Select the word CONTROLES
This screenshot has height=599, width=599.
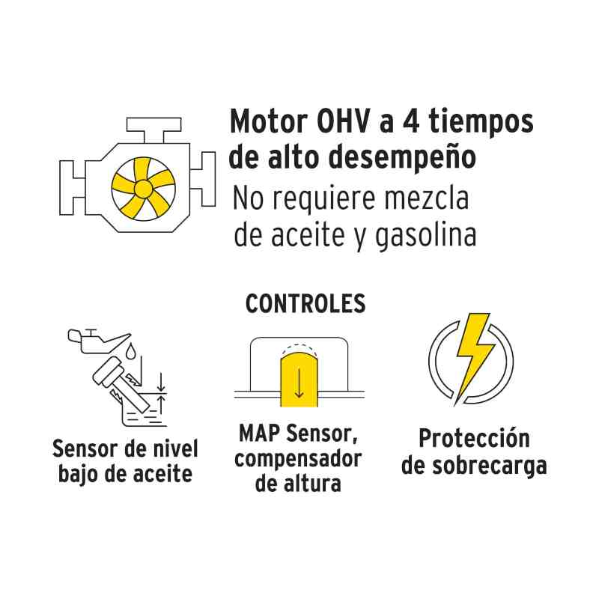pyautogui.click(x=305, y=304)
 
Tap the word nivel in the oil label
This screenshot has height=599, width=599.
pyautogui.click(x=173, y=449)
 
